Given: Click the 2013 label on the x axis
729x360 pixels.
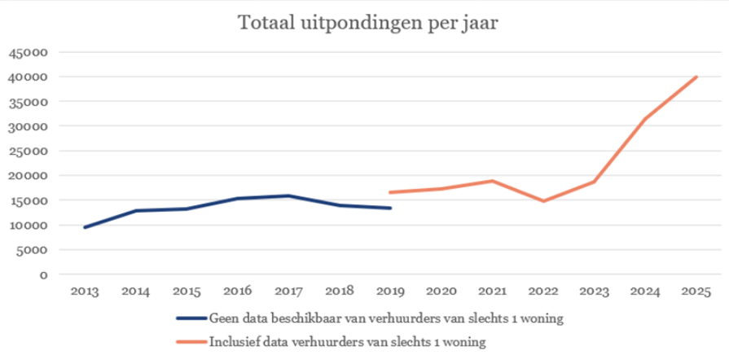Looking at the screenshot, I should pyautogui.click(x=85, y=292).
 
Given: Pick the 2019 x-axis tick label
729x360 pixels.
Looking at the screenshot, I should pyautogui.click(x=391, y=292).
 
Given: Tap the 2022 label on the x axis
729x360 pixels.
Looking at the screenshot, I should pyautogui.click(x=544, y=292).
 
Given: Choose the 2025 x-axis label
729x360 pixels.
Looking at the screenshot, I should pyautogui.click(x=697, y=292).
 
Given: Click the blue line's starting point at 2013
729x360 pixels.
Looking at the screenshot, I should pyautogui.click(x=85, y=227).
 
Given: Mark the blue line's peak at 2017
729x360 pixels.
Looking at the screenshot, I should pyautogui.click(x=289, y=195).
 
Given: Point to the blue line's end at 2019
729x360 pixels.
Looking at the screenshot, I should pyautogui.click(x=391, y=208).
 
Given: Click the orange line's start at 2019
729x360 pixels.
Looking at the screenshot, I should pyautogui.click(x=391, y=192).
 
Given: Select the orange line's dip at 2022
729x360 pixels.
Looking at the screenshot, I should pyautogui.click(x=544, y=201).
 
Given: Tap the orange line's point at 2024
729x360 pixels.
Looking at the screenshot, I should pyautogui.click(x=646, y=119).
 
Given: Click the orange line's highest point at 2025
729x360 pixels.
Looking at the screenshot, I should pyautogui.click(x=697, y=77).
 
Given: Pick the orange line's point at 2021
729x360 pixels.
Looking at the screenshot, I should pyautogui.click(x=493, y=181).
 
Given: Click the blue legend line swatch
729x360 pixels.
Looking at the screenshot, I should pyautogui.click(x=191, y=318).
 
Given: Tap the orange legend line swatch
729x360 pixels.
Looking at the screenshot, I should pyautogui.click(x=191, y=342).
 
